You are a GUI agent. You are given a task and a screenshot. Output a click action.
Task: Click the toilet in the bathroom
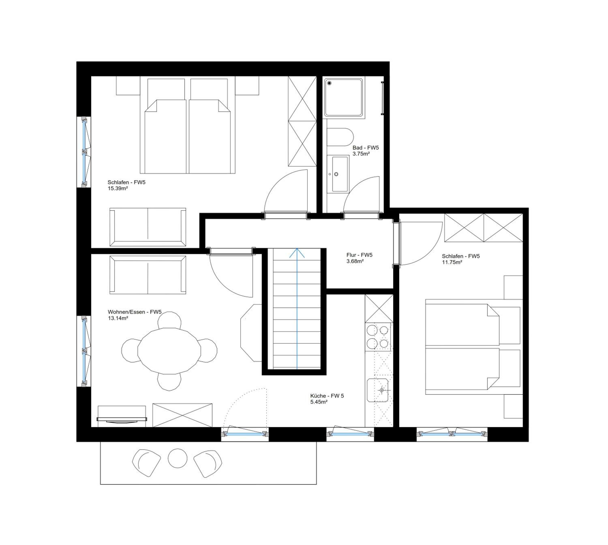[x=340, y=137]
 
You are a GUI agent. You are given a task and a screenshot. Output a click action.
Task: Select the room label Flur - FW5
[x=359, y=255]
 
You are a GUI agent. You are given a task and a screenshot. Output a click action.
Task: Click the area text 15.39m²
[x=118, y=188]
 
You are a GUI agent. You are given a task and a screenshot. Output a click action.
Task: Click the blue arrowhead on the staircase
[x=297, y=253]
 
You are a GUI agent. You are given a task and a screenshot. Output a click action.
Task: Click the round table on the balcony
[x=177, y=458]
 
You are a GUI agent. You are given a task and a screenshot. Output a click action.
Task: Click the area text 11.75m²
[x=452, y=262]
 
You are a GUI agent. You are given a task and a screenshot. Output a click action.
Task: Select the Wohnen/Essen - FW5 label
[x=135, y=312]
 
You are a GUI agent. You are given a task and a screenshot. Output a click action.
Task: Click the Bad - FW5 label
[x=365, y=148]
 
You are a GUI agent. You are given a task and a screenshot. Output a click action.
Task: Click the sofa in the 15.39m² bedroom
[x=148, y=227]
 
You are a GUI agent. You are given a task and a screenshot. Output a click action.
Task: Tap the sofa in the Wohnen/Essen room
[x=148, y=275]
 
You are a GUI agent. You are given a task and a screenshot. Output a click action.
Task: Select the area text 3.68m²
[x=355, y=261]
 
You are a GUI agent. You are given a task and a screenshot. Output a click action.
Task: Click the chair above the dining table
[x=169, y=320]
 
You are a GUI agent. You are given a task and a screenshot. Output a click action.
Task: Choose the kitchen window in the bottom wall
[x=350, y=433]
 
